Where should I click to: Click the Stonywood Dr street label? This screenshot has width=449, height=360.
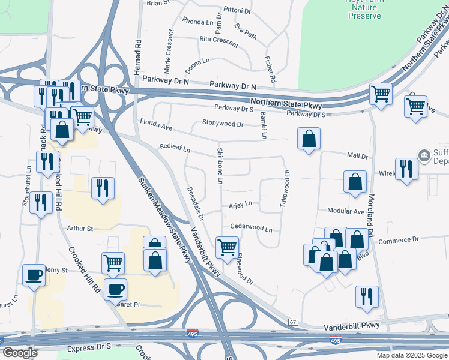(x=223, y=124)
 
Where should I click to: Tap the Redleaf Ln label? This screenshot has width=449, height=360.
(x=174, y=148)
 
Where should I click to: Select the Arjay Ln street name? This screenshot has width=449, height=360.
(x=240, y=204)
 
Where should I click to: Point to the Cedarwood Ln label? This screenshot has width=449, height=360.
(x=252, y=229)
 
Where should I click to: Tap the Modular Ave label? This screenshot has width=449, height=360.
(x=346, y=211)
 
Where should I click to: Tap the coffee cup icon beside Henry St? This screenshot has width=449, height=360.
(x=33, y=275)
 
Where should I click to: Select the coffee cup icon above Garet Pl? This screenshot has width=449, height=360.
(x=115, y=289)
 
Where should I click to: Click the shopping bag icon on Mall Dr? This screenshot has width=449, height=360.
(x=308, y=139)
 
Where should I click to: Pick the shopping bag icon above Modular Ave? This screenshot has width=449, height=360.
(x=355, y=181)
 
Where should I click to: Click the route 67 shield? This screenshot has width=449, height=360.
(x=292, y=322)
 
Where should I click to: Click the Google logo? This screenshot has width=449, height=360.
(x=20, y=353)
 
